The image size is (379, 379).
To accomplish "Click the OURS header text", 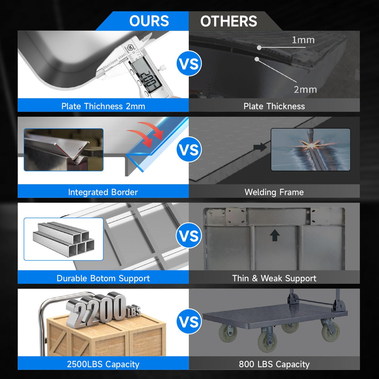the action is pos(149,21).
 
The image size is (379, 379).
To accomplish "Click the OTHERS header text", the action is pos(229,21).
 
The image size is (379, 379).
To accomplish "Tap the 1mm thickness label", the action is pos(303,40).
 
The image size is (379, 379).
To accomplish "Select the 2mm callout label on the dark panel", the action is pos(305,90).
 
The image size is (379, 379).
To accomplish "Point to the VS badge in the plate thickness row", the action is pos(189,64).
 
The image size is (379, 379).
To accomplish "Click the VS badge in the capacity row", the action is pos(189,322).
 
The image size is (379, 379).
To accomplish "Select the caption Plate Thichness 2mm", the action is pos(103,106).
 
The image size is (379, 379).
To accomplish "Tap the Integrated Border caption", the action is pos(103,192).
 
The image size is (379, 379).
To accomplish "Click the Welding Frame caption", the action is pos(274,192).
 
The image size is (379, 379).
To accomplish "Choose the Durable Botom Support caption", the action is pos(103,278).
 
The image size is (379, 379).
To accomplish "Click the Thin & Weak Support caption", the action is pos(274,278).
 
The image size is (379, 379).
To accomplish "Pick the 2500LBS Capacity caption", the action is pos(103,364).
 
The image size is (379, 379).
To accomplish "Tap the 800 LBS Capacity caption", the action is pos(274,364).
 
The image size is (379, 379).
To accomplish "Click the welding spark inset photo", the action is pos(311,150).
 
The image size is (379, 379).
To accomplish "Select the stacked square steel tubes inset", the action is pos(64,239).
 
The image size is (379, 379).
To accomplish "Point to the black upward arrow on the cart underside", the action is pos(275,235).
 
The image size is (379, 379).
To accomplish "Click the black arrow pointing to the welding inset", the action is pos(260,147).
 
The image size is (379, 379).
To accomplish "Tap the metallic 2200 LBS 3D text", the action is pos(103,309).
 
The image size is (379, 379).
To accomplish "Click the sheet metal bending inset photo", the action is pos(64,150).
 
